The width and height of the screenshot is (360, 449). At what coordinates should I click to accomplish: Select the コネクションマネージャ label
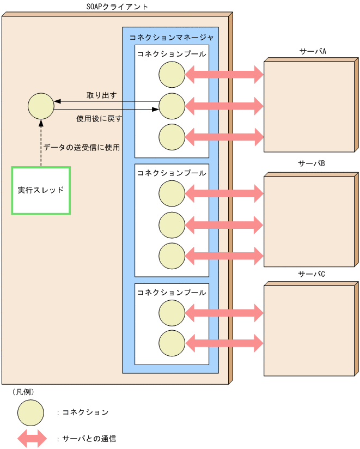click(172, 38)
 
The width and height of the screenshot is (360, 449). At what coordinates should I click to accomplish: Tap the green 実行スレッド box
click(41, 190)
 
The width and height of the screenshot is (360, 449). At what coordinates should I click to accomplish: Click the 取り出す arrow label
click(102, 95)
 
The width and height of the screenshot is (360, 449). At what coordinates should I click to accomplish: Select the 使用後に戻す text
click(99, 118)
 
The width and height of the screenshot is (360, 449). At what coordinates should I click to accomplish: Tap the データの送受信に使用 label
click(82, 147)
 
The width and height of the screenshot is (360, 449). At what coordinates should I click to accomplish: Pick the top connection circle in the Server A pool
click(172, 74)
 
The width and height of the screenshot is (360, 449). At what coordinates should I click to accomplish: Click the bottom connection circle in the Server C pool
click(172, 343)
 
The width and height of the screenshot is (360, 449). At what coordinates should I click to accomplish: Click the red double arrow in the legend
click(32, 438)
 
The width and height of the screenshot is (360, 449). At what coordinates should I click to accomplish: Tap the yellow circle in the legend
click(30, 412)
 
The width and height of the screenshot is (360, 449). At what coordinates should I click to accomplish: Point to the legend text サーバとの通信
click(89, 438)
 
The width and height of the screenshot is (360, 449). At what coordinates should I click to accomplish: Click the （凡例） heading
click(23, 391)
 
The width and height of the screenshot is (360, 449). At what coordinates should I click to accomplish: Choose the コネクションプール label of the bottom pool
click(172, 292)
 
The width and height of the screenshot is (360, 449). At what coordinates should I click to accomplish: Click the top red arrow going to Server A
click(224, 74)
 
